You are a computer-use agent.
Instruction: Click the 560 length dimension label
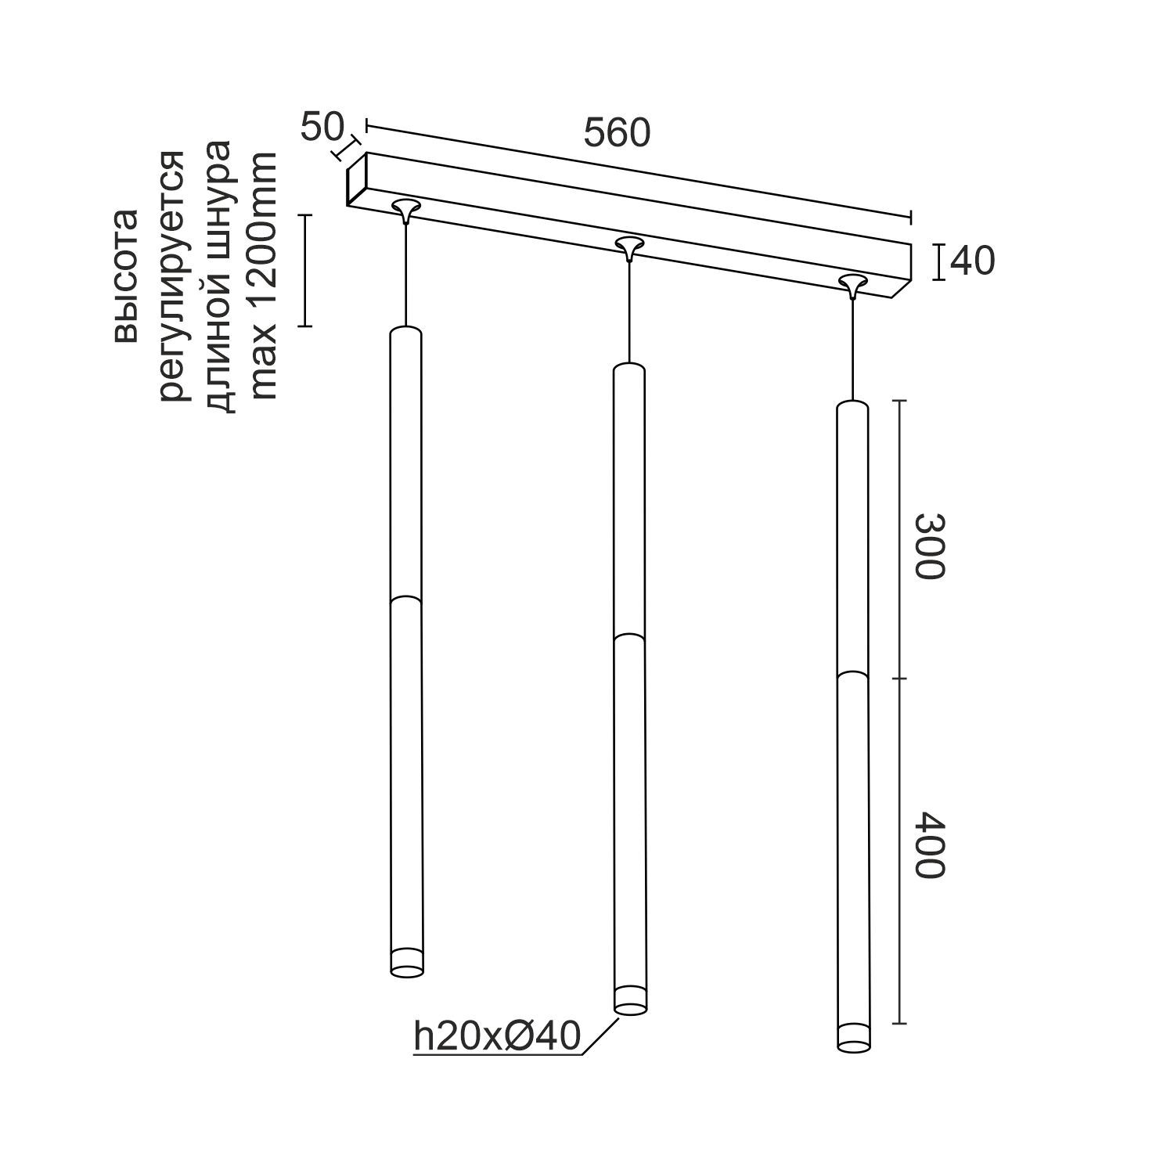[617, 134]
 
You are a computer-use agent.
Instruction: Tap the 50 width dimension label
[322, 127]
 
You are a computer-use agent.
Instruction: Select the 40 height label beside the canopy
[972, 261]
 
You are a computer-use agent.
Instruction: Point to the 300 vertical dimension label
[931, 546]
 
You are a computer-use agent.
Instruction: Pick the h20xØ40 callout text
[497, 1037]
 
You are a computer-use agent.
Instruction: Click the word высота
[125, 275]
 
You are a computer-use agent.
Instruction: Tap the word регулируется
[173, 275]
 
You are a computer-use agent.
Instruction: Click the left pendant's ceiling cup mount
[405, 208]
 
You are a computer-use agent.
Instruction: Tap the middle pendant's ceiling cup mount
[628, 246]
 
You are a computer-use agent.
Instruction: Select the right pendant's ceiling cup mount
[852, 283]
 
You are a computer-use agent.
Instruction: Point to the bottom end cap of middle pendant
[631, 1001]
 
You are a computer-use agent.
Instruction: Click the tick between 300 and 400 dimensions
[899, 679]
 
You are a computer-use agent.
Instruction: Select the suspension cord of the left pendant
[405, 274]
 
